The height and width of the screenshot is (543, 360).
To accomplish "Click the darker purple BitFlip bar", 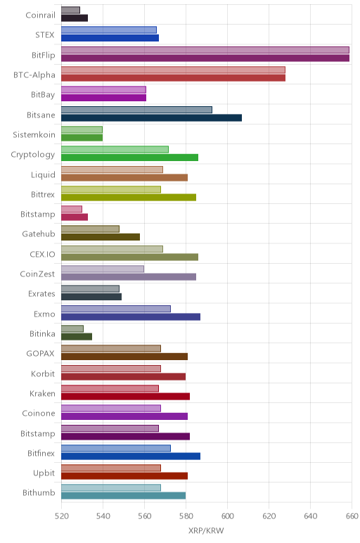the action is [205, 58].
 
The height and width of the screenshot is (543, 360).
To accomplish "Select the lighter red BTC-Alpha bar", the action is [173, 70].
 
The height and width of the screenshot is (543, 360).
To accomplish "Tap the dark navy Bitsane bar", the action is [151, 117].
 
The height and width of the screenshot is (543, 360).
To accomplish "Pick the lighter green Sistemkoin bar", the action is [82, 130].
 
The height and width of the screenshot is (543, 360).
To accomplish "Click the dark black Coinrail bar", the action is [75, 18].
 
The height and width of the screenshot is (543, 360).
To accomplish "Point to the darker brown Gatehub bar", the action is [101, 237].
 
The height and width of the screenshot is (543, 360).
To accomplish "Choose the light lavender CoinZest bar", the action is [103, 269].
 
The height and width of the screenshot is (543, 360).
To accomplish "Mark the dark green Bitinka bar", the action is [77, 337].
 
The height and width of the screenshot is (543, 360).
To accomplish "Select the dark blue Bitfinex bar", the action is [131, 456].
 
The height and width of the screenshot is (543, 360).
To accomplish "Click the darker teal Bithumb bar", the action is [123, 496].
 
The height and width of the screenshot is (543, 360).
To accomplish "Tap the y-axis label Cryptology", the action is [33, 155].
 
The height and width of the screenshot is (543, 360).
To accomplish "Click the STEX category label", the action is [45, 34].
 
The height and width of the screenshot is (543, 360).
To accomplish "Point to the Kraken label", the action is [42, 393].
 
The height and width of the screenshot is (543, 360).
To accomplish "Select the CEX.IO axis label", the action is [42, 254].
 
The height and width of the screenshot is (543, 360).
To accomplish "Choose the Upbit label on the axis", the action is [44, 473].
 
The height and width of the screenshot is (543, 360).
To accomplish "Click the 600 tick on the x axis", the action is [227, 516].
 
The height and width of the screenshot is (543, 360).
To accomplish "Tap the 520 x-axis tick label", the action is [62, 516].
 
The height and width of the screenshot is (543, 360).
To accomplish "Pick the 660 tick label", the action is [352, 516].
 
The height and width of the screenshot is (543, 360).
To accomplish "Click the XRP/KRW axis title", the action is [206, 530].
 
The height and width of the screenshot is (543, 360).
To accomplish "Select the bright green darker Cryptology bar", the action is [130, 158].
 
